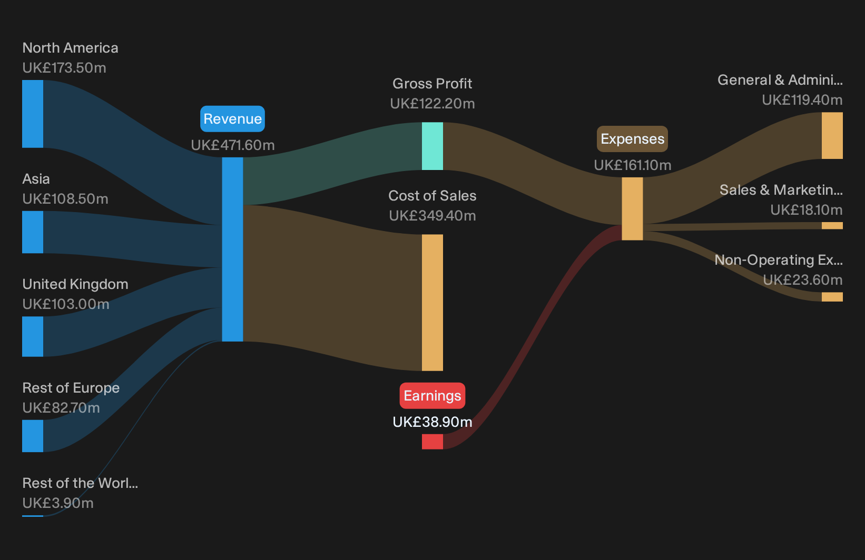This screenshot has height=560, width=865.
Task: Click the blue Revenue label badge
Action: click(232, 119)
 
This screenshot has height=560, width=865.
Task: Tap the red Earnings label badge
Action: click(432, 396)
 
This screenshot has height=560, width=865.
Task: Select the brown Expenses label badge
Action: click(632, 139)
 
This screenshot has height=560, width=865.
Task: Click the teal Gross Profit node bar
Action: click(432, 146)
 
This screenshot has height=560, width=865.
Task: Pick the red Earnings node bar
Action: click(432, 442)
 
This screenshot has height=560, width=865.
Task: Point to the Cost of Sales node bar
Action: click(432, 303)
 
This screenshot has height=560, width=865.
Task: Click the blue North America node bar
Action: click(33, 114)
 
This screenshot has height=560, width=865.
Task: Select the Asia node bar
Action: click(33, 232)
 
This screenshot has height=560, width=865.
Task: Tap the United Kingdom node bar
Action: click(33, 336)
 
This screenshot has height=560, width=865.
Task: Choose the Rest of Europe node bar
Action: click(33, 436)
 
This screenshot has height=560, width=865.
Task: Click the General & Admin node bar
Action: click(832, 135)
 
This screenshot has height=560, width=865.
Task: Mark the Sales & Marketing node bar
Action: click(832, 226)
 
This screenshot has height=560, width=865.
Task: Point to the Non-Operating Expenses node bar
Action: click(832, 297)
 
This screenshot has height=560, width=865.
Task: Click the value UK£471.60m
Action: click(233, 145)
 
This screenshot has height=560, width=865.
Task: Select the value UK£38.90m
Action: click(432, 422)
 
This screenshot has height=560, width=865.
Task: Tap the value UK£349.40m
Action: click(432, 216)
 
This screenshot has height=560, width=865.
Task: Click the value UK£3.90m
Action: click(58, 503)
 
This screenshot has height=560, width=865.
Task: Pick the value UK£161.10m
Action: click(633, 165)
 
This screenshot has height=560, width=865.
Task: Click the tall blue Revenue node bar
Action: click(232, 249)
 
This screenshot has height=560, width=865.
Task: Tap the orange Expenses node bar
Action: click(633, 209)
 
